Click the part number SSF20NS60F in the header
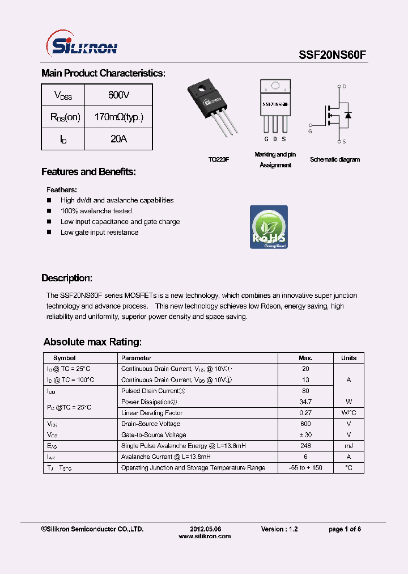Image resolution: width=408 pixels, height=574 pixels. click(333, 54)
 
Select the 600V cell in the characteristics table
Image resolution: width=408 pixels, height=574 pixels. click(118, 95)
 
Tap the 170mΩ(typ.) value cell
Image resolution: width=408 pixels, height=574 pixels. click(118, 117)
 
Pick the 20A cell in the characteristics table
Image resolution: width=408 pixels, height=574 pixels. click(118, 139)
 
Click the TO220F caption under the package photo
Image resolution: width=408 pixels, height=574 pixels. click(218, 160)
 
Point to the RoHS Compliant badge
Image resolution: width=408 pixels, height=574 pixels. click(269, 227)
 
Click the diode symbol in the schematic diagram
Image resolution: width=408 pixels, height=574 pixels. click(347, 116)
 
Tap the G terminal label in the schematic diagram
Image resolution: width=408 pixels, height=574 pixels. click(310, 131)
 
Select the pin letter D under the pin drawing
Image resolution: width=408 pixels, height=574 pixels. click(275, 140)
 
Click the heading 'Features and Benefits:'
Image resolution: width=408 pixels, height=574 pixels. click(88, 172)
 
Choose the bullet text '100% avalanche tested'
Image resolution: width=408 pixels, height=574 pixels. click(96, 211)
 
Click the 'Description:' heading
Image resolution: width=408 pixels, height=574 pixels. click(67, 278)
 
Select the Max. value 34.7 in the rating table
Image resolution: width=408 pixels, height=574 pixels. click(305, 402)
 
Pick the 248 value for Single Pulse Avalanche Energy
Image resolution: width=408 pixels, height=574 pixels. click(305, 446)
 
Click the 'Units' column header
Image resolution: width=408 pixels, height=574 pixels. click(348, 358)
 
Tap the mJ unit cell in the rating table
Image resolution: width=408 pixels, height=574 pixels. click(348, 446)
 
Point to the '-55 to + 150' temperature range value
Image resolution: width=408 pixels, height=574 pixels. click(305, 468)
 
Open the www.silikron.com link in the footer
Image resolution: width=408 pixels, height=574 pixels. click(205, 536)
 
